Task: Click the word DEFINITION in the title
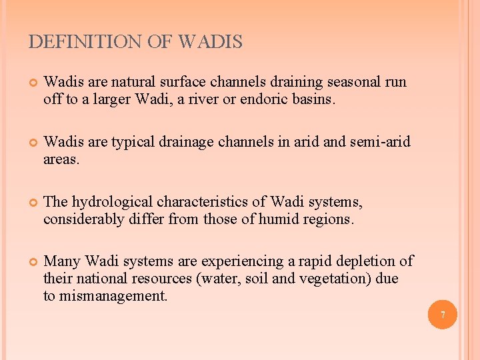point(85,43)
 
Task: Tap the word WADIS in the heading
point(211,43)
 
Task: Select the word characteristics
point(203,202)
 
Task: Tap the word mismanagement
point(114,296)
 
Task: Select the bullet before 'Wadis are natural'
point(31,83)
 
